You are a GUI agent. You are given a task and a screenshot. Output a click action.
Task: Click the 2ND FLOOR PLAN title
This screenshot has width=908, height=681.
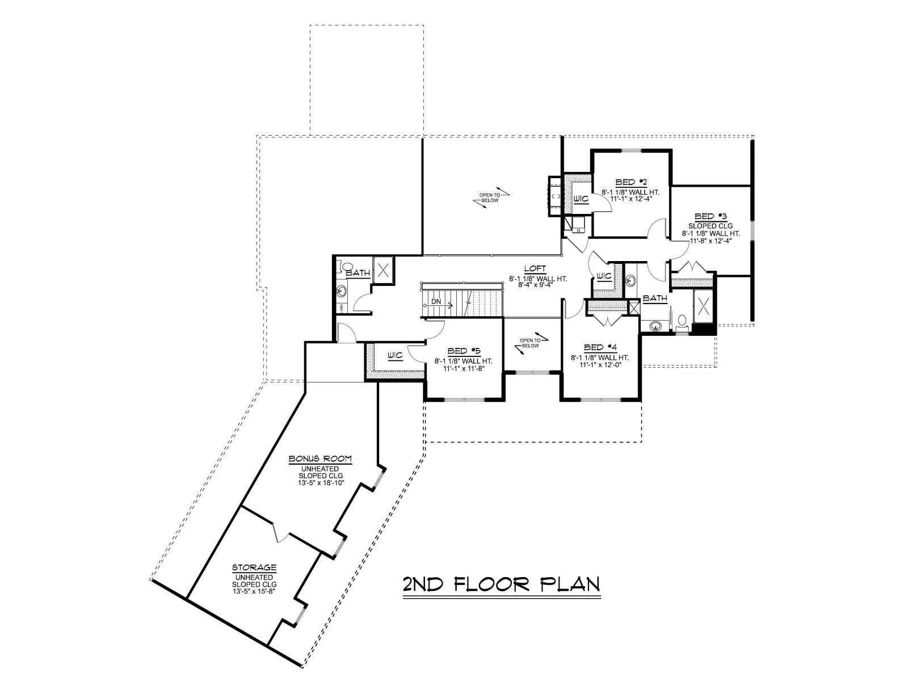[501, 584]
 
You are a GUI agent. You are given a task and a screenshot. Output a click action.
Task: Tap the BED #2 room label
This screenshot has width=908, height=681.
[631, 182]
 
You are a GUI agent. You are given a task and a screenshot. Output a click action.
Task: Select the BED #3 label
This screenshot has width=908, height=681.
[711, 216]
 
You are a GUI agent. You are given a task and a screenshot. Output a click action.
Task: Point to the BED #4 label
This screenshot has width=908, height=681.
[600, 347]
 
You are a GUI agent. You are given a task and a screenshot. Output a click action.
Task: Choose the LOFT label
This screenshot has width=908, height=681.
[535, 268]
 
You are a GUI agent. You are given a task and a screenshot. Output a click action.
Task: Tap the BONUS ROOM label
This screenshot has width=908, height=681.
[320, 458]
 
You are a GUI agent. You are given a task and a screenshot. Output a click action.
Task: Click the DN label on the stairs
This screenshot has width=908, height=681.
[436, 301]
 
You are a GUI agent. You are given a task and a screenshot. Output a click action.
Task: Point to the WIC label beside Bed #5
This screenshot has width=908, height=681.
[395, 355]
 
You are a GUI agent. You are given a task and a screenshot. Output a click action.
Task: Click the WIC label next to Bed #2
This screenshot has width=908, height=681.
[581, 199]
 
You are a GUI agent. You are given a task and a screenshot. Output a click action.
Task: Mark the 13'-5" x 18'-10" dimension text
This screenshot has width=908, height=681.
[320, 482]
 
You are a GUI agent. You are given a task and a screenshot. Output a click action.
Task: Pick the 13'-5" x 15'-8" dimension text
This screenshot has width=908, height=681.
[254, 591]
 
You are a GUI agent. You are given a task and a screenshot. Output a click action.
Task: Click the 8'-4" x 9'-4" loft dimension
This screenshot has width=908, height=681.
[535, 284]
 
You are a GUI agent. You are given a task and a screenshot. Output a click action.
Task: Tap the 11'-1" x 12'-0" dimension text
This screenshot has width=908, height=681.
[600, 365]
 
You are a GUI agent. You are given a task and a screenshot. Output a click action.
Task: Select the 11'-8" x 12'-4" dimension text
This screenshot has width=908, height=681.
[711, 241]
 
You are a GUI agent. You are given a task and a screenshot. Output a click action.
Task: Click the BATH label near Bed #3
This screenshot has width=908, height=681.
[655, 298]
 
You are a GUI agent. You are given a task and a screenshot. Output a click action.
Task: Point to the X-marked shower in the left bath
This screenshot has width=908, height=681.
[384, 270]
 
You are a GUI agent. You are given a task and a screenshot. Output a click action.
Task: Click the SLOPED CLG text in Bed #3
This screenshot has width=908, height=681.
[711, 226]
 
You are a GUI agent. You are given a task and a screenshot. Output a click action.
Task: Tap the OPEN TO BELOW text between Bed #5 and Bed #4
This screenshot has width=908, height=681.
[530, 343]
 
